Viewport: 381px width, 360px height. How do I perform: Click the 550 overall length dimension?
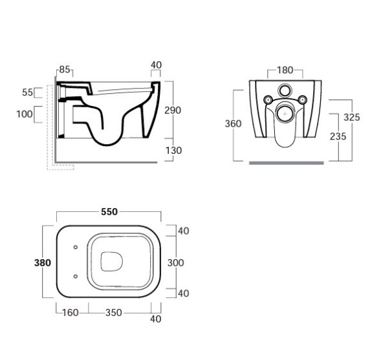pyautogui.click(x=108, y=211)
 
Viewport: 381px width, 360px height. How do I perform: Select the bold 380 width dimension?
pyautogui.click(x=42, y=262)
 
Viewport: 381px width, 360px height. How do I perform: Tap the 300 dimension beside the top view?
pyautogui.click(x=175, y=262)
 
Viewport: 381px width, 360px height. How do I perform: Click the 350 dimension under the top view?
pyautogui.click(x=114, y=313)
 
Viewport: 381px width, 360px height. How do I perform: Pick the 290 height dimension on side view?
pyautogui.click(x=173, y=110)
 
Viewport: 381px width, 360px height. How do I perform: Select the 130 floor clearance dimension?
pyautogui.click(x=173, y=151)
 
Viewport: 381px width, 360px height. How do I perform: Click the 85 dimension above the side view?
pyautogui.click(x=65, y=70)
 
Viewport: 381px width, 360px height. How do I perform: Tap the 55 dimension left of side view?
pyautogui.click(x=28, y=92)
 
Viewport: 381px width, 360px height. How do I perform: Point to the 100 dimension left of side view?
pyautogui.click(x=25, y=114)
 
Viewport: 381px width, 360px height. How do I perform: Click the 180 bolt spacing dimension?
pyautogui.click(x=286, y=70)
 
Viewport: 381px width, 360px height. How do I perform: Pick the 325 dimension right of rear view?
pyautogui.click(x=352, y=117)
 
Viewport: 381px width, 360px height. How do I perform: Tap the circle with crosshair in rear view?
pyautogui.click(x=285, y=113)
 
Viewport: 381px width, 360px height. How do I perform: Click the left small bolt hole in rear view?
pyautogui.click(x=267, y=100)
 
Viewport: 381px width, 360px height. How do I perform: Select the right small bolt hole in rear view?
pyautogui.click(x=303, y=100)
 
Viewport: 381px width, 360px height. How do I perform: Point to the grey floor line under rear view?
pyautogui.click(x=285, y=163)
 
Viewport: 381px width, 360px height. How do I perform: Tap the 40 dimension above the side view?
pyautogui.click(x=155, y=65)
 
